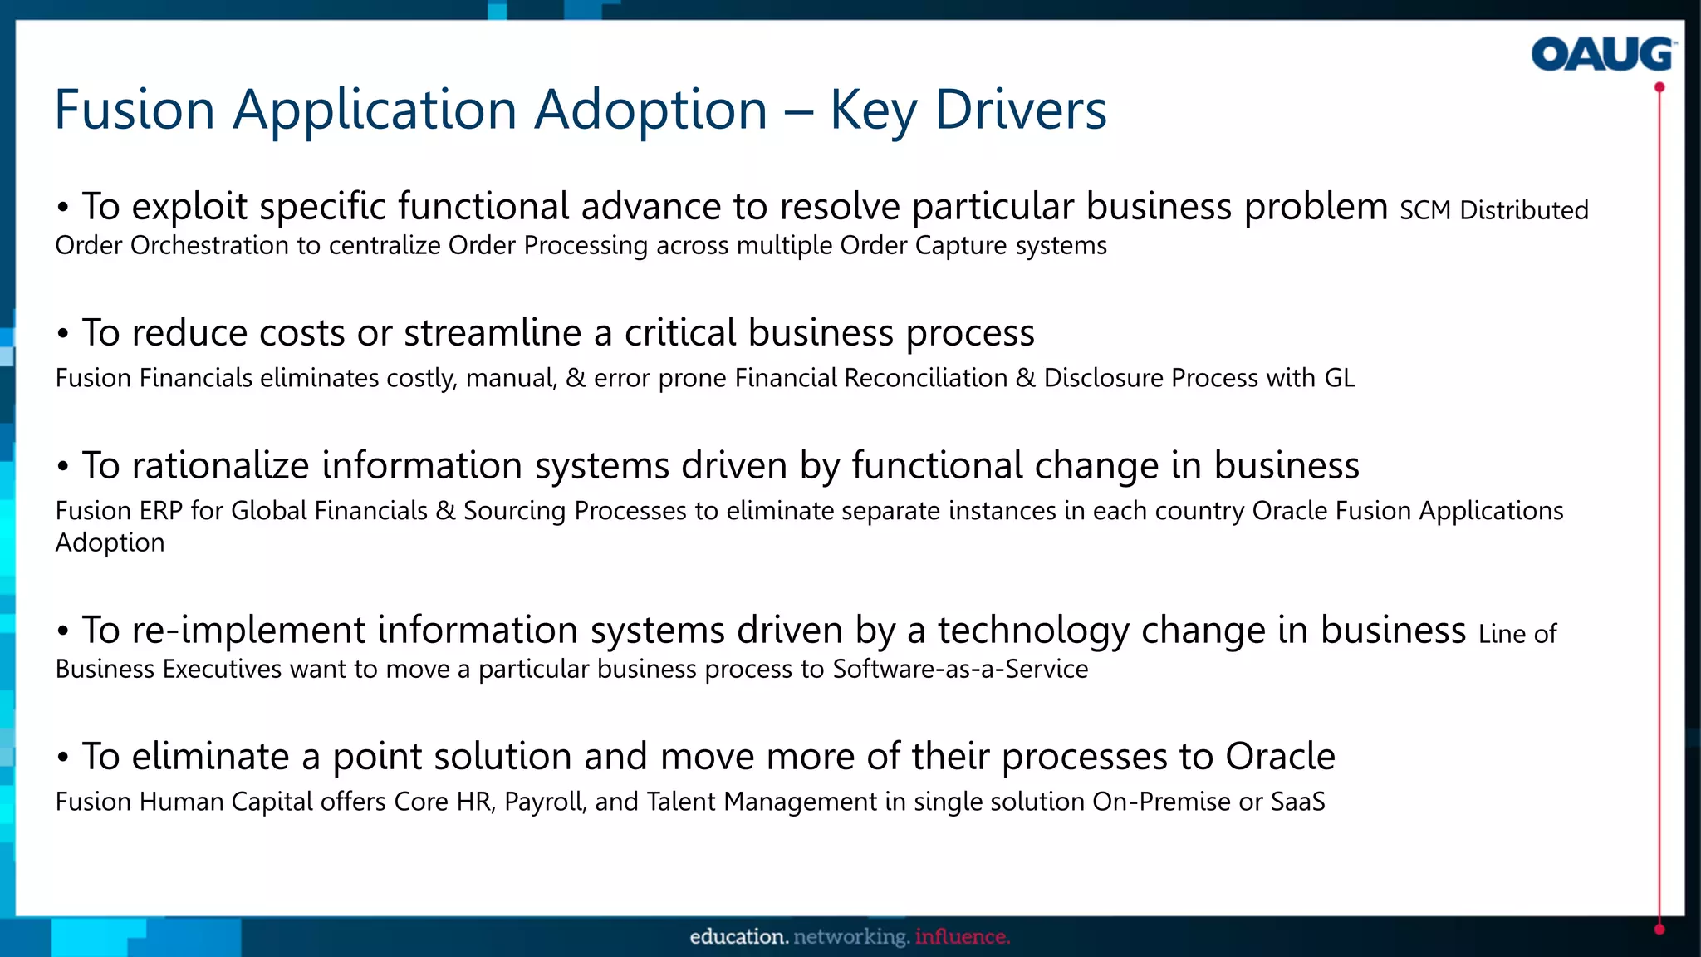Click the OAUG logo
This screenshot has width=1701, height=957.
tap(1602, 55)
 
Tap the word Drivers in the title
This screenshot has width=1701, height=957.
tap(1021, 110)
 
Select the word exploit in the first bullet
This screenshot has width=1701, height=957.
tap(189, 207)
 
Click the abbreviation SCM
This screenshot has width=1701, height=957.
tap(1425, 211)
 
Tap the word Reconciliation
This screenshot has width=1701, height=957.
tap(925, 378)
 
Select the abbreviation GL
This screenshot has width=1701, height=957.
tap(1339, 378)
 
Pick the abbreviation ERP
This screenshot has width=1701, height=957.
tap(160, 511)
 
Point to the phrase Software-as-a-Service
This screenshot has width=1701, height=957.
tap(960, 670)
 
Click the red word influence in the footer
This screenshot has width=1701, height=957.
tap(962, 937)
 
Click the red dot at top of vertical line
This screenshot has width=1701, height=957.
tap(1659, 87)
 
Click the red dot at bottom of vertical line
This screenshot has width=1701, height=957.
tap(1659, 930)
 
